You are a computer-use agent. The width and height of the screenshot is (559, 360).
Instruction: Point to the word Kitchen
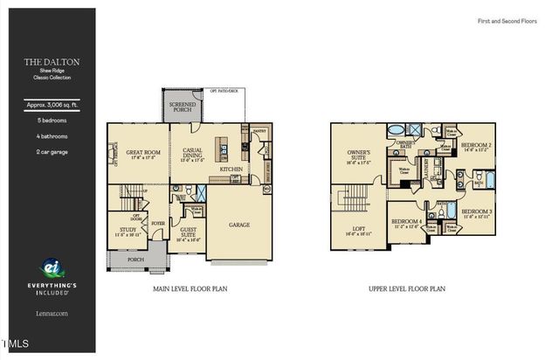click(231, 170)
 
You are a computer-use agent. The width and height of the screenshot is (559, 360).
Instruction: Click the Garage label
click(239, 225)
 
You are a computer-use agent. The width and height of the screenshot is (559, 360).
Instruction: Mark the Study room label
click(128, 231)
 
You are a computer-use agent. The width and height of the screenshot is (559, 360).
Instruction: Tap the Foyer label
click(158, 223)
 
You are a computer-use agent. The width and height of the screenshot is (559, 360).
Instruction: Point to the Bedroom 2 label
click(476, 145)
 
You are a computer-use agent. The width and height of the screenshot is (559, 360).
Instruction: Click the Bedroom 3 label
click(475, 212)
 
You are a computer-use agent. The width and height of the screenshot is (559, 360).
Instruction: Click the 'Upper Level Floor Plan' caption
click(409, 287)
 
